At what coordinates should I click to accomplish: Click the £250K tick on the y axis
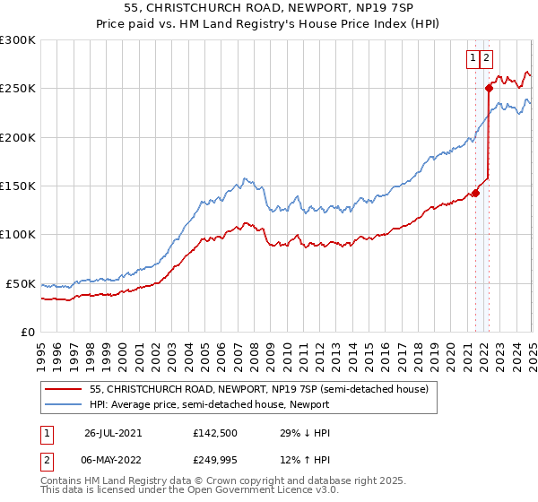point(17,89)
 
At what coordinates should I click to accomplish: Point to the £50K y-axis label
point(21,283)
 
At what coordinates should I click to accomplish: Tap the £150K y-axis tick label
point(17,186)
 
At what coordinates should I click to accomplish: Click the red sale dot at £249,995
point(490,88)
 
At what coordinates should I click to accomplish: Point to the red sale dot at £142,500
point(476,192)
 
